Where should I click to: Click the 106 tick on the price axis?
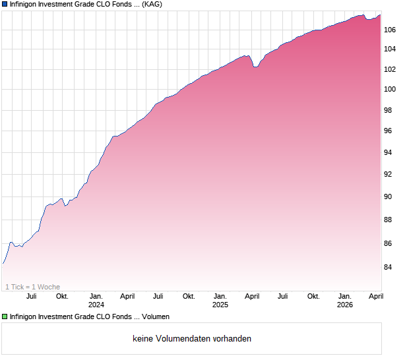(x=391, y=30)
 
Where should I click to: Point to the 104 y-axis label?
(x=391, y=49)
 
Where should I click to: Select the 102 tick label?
(x=391, y=69)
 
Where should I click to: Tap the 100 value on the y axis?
(x=391, y=89)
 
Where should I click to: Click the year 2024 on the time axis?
(x=96, y=305)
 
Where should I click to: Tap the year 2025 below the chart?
(x=220, y=305)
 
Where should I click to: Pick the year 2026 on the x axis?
(x=345, y=305)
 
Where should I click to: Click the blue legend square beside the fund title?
(x=5, y=5)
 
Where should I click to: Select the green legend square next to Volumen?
(x=5, y=317)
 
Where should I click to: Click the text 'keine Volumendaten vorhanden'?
(x=192, y=339)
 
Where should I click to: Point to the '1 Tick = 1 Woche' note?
(x=32, y=287)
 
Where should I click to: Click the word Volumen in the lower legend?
(x=154, y=317)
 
